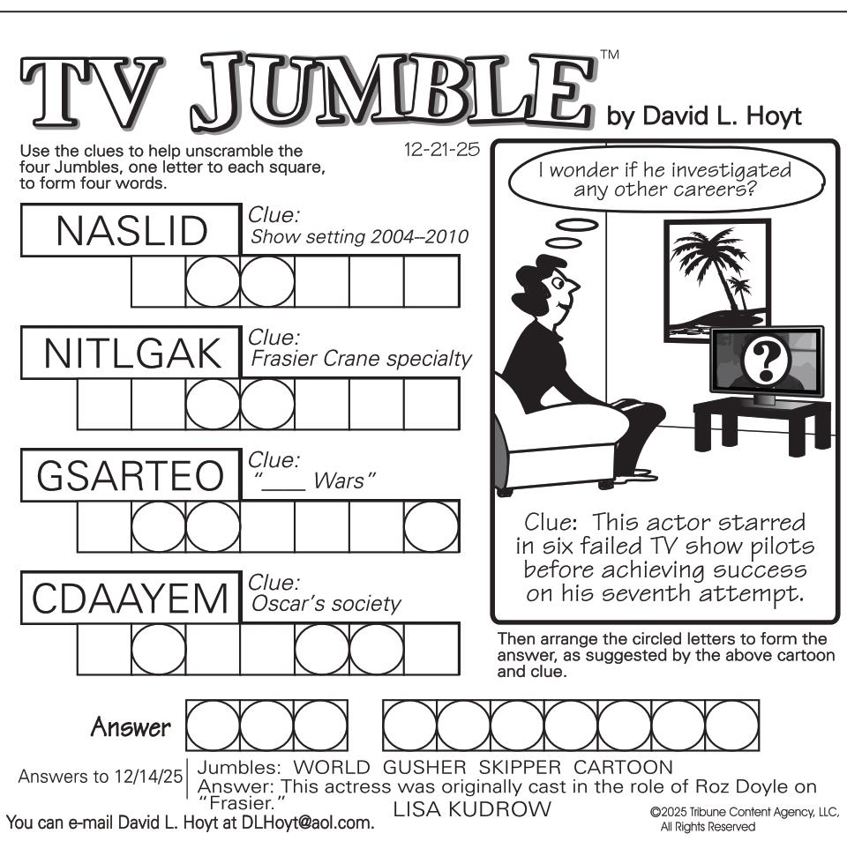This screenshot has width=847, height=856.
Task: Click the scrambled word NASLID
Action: [131, 231]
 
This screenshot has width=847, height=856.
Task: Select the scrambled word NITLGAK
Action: [132, 354]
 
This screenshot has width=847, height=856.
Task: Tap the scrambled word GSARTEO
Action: [131, 476]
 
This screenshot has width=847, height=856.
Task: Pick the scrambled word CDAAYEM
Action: [130, 599]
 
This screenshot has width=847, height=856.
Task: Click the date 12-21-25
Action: [441, 149]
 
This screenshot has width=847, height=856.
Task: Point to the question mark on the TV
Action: [766, 359]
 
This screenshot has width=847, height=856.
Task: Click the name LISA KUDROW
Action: [472, 809]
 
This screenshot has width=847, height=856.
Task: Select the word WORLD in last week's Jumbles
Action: [332, 767]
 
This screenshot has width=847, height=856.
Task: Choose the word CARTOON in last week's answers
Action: [623, 767]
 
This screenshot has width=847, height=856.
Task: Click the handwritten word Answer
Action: [131, 727]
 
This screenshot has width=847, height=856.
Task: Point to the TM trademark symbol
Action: [610, 54]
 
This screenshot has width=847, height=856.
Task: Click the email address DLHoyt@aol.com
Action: [308, 823]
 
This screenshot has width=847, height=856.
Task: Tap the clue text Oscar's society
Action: [326, 604]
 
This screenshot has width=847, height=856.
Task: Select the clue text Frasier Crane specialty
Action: [361, 359]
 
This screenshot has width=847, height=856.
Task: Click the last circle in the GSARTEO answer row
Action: [431, 526]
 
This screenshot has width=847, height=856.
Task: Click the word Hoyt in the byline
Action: [774, 116]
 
